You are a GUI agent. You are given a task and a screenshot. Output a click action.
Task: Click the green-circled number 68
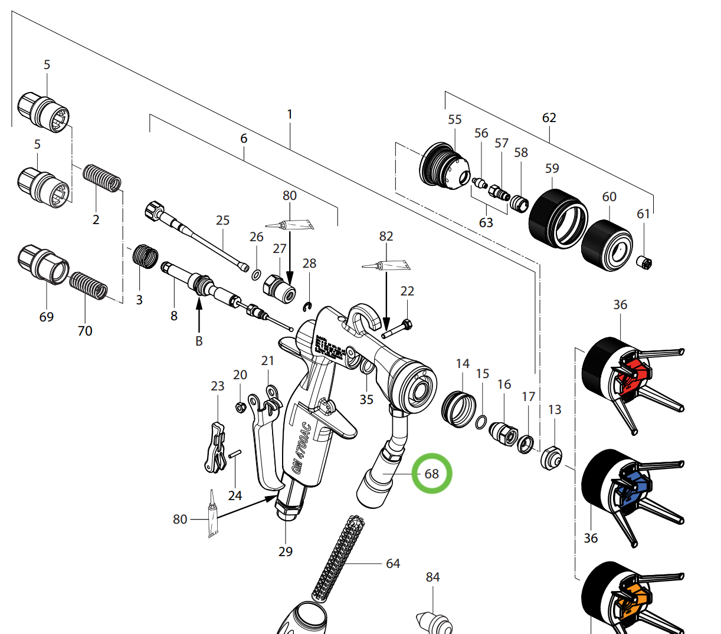[432, 474]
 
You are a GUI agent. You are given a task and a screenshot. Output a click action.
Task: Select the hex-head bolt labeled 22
[398, 328]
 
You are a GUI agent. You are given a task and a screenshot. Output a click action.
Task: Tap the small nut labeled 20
[240, 406]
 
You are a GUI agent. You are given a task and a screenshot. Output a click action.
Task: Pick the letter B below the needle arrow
[199, 341]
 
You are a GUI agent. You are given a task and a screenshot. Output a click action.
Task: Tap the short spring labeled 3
[145, 257]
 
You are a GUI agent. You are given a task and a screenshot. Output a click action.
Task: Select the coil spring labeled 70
[89, 285]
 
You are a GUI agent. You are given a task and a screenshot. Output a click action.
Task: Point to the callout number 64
[393, 564]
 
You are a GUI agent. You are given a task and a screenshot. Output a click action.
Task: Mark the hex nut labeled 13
[551, 458]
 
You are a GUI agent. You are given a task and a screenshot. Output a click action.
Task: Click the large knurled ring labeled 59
[558, 218]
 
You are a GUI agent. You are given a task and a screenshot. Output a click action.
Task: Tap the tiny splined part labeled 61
[645, 261]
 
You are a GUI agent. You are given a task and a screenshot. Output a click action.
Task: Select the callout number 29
[286, 551]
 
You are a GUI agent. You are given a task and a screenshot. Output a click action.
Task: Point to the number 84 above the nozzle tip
[433, 577]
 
